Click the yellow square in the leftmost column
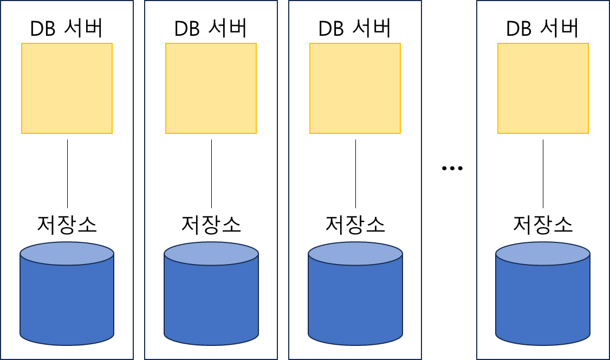click(x=67, y=88)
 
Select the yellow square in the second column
click(x=211, y=88)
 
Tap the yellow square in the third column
click(x=355, y=88)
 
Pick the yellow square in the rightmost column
click(x=543, y=88)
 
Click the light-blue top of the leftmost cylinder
click(x=67, y=253)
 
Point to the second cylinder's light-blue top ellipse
click(x=211, y=253)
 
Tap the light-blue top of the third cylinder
click(x=355, y=253)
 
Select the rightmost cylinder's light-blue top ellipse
click(x=543, y=253)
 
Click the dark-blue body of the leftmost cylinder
click(x=67, y=304)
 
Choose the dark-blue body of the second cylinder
click(x=211, y=304)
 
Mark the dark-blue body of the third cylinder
click(x=355, y=304)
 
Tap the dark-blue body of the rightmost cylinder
click(x=543, y=304)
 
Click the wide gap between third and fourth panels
click(x=449, y=179)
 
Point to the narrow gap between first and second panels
click(x=139, y=179)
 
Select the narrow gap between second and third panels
click(x=283, y=179)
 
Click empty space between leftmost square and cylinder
click(x=67, y=187)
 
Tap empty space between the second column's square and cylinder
click(x=211, y=187)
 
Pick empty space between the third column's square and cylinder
click(x=355, y=187)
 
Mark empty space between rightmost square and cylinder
click(x=543, y=187)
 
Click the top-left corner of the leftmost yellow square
click(x=22, y=44)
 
